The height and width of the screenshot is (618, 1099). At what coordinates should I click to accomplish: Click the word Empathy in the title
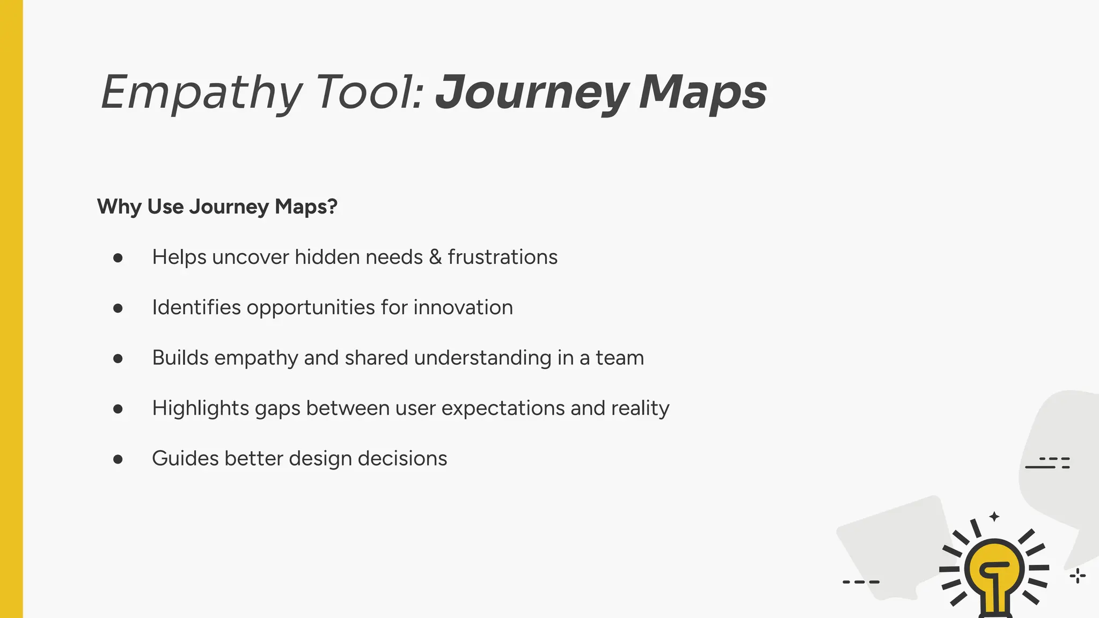point(201,93)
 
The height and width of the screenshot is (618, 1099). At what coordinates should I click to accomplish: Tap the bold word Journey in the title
point(531,93)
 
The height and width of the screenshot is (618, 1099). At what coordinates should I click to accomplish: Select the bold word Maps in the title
point(703,93)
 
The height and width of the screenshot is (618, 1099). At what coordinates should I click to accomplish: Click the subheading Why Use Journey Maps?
point(217,207)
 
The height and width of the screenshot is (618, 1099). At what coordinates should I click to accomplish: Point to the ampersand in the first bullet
point(435,257)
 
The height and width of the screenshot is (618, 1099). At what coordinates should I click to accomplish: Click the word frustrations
point(503,257)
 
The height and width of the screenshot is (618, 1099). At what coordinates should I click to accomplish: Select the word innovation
point(463,307)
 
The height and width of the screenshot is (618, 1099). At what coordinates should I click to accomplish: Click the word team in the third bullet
point(620,358)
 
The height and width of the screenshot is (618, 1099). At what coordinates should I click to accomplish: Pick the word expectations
point(503,408)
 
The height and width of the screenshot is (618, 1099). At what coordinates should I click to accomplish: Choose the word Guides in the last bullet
point(185,459)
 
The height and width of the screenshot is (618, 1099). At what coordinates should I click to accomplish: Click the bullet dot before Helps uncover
point(118,258)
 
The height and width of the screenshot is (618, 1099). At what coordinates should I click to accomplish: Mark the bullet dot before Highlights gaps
point(118,409)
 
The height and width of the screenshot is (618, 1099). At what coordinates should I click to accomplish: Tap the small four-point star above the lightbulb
point(994,517)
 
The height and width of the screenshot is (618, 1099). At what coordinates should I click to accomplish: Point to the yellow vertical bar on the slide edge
point(11,309)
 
